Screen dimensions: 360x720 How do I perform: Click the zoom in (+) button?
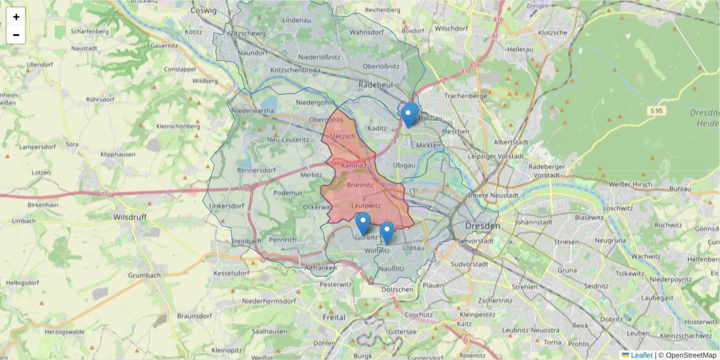point(16,17)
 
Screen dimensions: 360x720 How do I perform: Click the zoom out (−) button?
point(16,35)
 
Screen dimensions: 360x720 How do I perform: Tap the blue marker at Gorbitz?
point(363,224)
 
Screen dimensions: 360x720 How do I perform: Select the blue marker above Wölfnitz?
point(387,233)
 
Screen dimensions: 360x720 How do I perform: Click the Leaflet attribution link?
point(641,355)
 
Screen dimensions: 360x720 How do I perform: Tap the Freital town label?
point(334,317)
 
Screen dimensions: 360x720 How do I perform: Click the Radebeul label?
point(376,85)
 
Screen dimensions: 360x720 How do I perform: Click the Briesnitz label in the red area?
point(360,185)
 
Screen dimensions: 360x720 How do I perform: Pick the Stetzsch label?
point(343,137)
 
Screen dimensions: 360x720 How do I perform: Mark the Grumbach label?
point(144,275)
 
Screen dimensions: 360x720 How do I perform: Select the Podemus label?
point(288,193)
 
